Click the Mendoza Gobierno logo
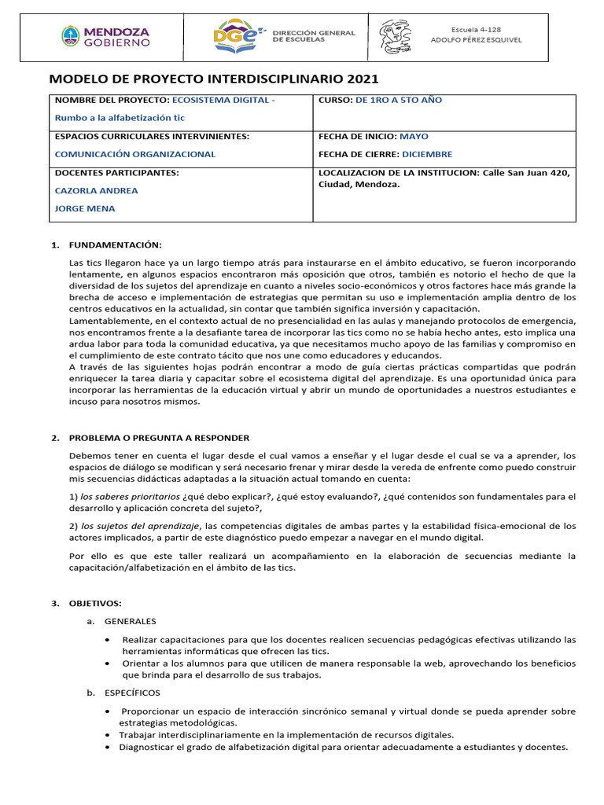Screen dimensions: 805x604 pyautogui.click(x=105, y=36)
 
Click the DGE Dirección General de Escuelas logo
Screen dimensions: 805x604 pyautogui.click(x=284, y=36)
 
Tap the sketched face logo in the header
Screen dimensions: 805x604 pyautogui.click(x=395, y=36)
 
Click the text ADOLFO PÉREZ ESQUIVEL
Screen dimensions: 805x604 pyautogui.click(x=476, y=40)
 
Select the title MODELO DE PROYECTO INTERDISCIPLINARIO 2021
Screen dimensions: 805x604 pyautogui.click(x=214, y=79)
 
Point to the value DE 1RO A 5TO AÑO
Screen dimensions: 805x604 pyautogui.click(x=399, y=101)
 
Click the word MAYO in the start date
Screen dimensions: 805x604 pyautogui.click(x=414, y=136)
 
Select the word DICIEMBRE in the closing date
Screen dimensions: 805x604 pyautogui.click(x=429, y=154)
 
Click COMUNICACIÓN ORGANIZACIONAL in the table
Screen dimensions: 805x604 pyautogui.click(x=134, y=154)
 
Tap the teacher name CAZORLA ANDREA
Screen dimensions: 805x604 pyautogui.click(x=96, y=190)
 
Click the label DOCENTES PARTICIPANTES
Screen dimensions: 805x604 pyautogui.click(x=116, y=172)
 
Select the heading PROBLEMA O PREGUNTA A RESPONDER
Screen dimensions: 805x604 pyautogui.click(x=159, y=438)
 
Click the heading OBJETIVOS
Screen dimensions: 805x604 pyautogui.click(x=95, y=603)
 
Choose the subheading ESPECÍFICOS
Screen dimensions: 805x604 pyautogui.click(x=131, y=693)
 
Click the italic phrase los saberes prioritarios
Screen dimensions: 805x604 pyautogui.click(x=130, y=497)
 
